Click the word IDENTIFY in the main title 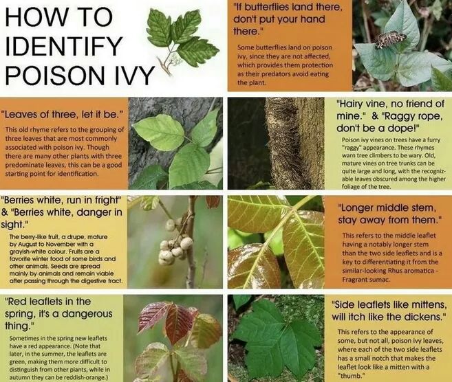pos(63,46)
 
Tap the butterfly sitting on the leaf pos(391,40)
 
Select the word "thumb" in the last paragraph pos(349,376)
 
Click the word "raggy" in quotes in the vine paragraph pos(352,148)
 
